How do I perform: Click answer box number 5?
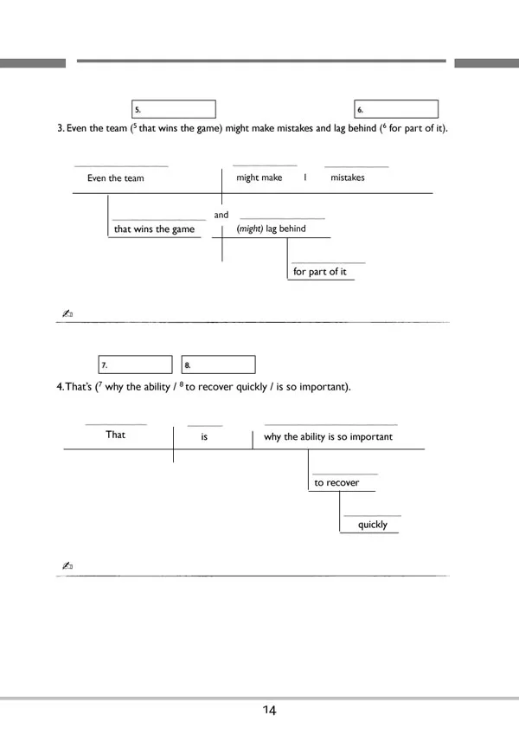pos(173,110)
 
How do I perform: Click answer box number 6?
pos(396,110)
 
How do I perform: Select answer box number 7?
pos(135,364)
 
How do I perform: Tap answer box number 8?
pos(218,364)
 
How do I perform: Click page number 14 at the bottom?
pos(269,711)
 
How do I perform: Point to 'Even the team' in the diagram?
pos(116,178)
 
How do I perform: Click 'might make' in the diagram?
pos(259,177)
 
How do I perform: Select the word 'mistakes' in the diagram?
pos(348,177)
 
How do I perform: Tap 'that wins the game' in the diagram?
pos(155,229)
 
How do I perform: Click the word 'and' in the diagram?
pos(221,215)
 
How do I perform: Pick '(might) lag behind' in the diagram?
pos(271,229)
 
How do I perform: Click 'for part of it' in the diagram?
pos(320,272)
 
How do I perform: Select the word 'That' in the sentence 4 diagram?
pos(116,435)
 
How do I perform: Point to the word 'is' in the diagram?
pos(205,437)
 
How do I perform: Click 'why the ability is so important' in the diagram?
pos(328,437)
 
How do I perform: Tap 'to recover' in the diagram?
pos(336,482)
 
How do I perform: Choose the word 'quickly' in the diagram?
pos(373,525)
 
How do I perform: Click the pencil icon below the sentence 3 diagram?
pos(67,313)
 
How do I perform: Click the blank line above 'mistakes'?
pos(356,165)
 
